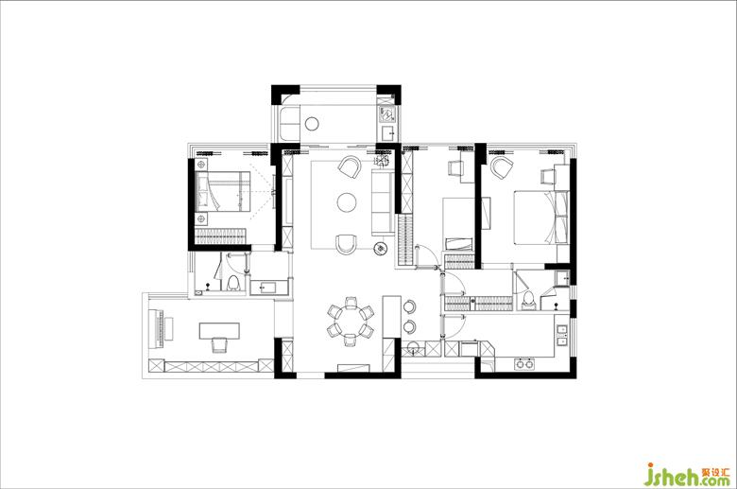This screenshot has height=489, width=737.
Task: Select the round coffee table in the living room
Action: point(347,202)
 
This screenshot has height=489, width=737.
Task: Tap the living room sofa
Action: point(383,202)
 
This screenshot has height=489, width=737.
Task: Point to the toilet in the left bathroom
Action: point(233,283)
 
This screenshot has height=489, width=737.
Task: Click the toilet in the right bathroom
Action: point(529,300)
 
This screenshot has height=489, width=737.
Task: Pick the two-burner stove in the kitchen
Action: point(524,363)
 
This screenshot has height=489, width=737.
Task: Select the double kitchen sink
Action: point(561,335)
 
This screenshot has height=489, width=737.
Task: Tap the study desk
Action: point(219,330)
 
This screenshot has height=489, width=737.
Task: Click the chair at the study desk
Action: point(219,345)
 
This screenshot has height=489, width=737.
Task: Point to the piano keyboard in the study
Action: point(155,328)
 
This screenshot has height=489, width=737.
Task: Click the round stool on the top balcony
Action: point(312,124)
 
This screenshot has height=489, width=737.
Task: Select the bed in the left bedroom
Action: point(222,192)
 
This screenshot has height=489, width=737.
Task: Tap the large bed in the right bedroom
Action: point(541,217)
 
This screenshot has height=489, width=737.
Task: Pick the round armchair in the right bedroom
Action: point(502,168)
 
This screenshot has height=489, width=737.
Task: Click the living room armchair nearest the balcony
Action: point(350,166)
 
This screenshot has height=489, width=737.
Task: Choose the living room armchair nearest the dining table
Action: point(347,244)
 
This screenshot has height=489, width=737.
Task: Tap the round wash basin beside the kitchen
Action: point(413,347)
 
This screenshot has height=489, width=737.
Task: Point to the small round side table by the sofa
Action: point(380,248)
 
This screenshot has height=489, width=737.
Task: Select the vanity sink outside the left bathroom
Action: point(269,287)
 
